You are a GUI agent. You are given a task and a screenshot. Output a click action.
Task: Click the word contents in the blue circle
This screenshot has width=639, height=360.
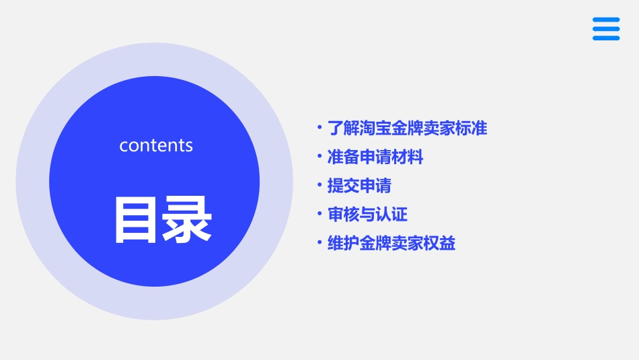point(156,145)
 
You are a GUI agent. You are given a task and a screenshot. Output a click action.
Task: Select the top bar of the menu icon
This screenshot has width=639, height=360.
point(606,20)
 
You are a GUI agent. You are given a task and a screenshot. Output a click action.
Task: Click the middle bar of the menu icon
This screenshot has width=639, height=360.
point(606,29)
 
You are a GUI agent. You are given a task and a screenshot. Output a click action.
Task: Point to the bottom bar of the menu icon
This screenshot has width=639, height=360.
point(606,38)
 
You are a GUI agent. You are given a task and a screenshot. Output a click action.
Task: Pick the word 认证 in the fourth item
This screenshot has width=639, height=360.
point(391,215)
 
